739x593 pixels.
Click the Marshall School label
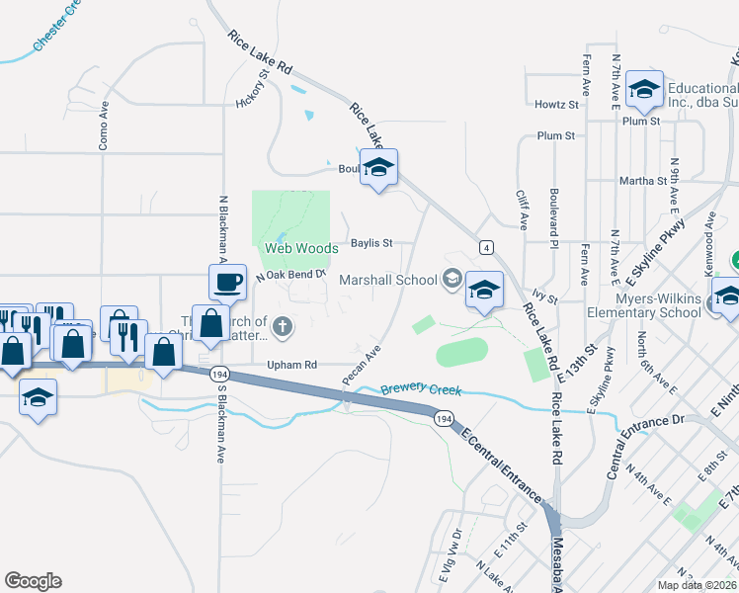pyautogui.click(x=387, y=280)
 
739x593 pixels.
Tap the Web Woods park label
pyautogui.click(x=301, y=249)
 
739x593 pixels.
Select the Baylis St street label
pyautogui.click(x=371, y=243)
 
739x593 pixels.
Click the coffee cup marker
pyautogui.click(x=227, y=283)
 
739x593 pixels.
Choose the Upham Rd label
pyautogui.click(x=291, y=365)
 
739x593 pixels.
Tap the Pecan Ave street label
pyautogui.click(x=361, y=366)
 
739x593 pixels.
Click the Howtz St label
pyautogui.click(x=556, y=105)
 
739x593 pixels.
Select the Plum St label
pyautogui.click(x=556, y=135)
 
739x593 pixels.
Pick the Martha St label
pyautogui.click(x=642, y=181)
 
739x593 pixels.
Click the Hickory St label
pyautogui.click(x=253, y=89)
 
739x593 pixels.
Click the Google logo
pyautogui.click(x=33, y=581)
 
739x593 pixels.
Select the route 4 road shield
pyautogui.click(x=486, y=246)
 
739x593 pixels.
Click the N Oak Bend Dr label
pyautogui.click(x=290, y=275)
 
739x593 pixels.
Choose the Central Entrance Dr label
pyautogui.click(x=644, y=446)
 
